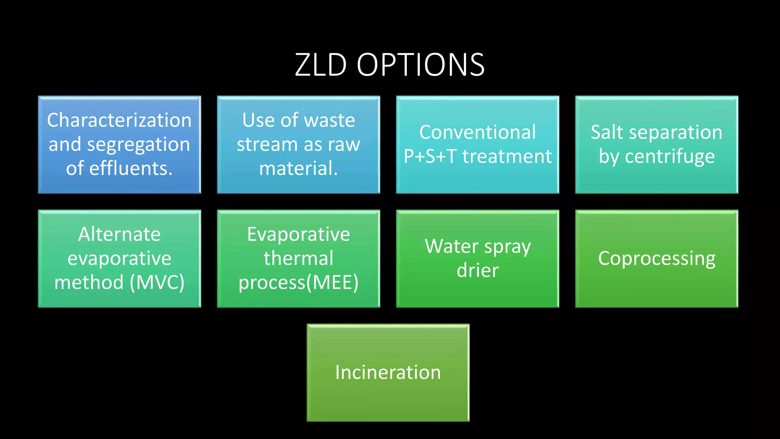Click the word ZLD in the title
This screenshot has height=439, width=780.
[x=321, y=65]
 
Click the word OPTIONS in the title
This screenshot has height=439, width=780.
[x=420, y=65]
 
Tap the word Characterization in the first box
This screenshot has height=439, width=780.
[x=119, y=120]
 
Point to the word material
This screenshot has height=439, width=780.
[x=298, y=168]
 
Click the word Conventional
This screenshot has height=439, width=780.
[x=478, y=132]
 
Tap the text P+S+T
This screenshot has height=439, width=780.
[x=430, y=156]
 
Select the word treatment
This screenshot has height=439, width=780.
[x=507, y=156]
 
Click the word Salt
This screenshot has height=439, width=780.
[x=607, y=132]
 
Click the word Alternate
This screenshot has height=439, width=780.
[x=119, y=234]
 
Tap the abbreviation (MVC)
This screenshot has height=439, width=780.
[x=157, y=282]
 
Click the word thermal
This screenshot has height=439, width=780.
[x=298, y=258]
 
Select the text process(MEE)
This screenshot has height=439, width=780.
[x=298, y=283]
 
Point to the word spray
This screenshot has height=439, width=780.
[x=507, y=247]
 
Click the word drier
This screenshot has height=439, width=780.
[x=478, y=271]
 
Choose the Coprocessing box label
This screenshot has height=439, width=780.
[x=657, y=259]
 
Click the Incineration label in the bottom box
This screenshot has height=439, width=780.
[x=388, y=372]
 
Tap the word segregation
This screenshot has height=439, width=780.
[x=138, y=145]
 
